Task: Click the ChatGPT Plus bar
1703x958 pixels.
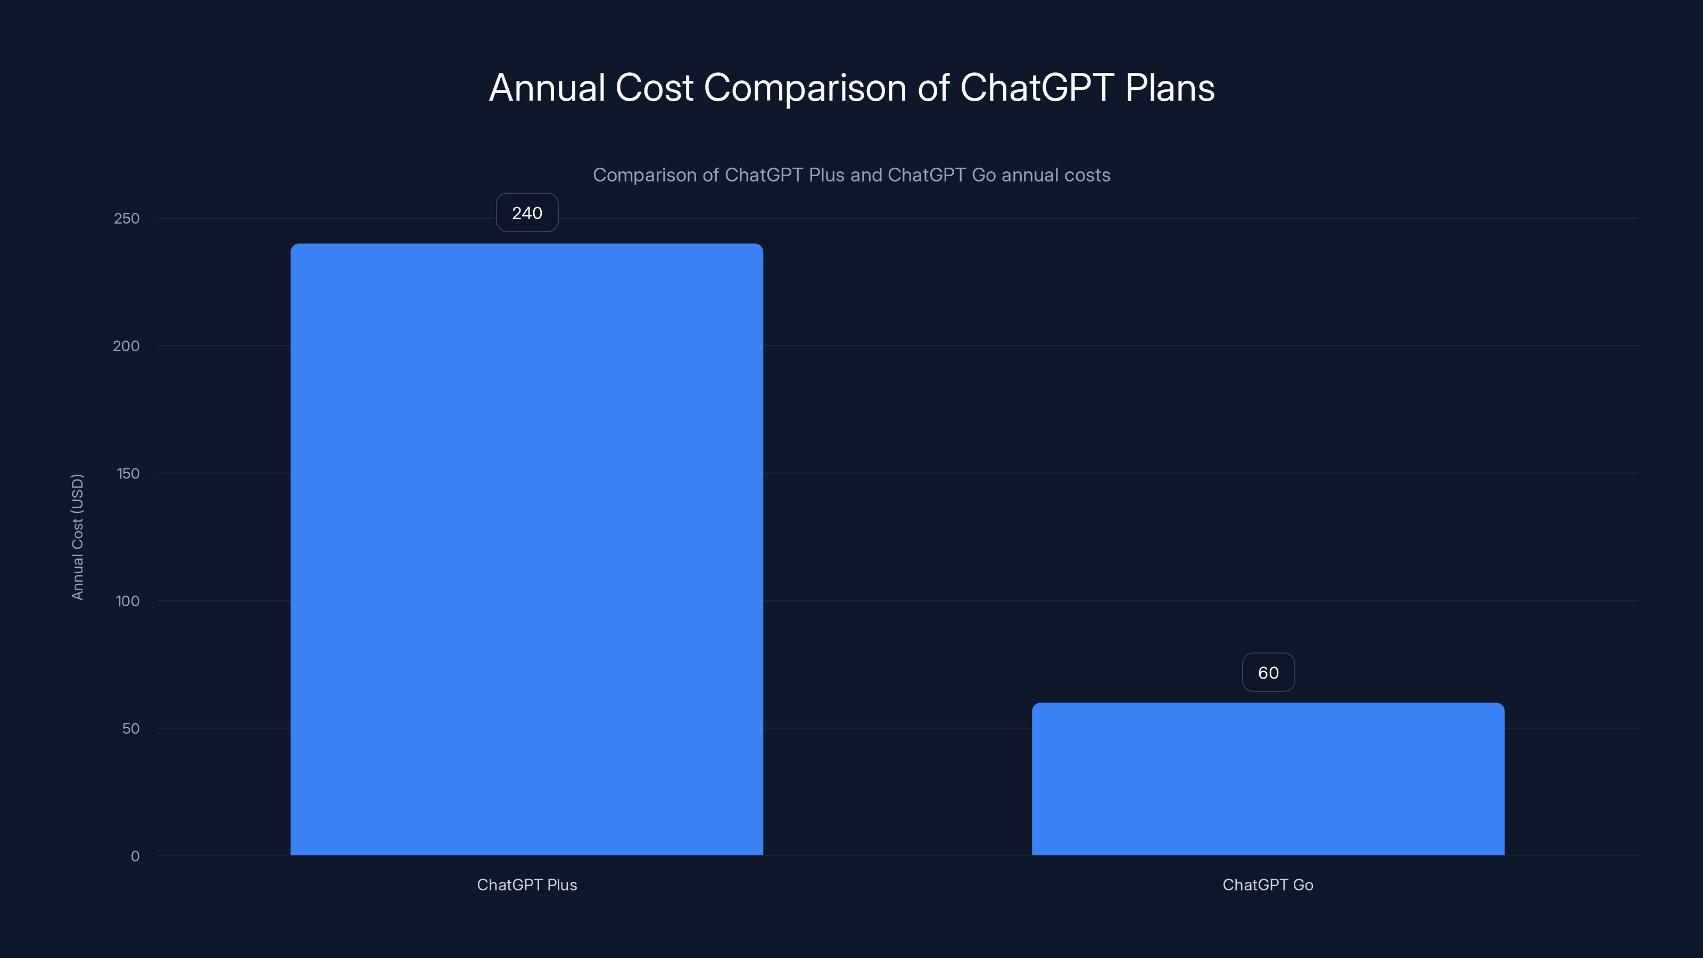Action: tap(527, 549)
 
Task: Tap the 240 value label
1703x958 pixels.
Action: tap(527, 213)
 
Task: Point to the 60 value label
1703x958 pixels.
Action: tap(1268, 672)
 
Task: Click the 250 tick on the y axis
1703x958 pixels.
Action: tap(127, 218)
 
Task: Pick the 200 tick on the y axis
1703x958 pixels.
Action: tap(126, 346)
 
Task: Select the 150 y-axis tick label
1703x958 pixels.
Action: tap(128, 473)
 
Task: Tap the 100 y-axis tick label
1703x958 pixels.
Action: tap(128, 601)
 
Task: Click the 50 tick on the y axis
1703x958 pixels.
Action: tap(131, 729)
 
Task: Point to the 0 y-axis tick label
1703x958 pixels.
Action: tap(135, 856)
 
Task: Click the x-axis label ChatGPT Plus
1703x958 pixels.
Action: tap(527, 885)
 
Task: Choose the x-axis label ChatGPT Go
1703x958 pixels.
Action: tap(1268, 885)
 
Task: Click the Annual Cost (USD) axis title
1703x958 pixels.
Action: tap(77, 537)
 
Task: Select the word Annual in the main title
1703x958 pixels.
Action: tap(547, 88)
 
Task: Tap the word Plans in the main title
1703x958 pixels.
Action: tap(1170, 88)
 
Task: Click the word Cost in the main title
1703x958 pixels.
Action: tap(655, 88)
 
